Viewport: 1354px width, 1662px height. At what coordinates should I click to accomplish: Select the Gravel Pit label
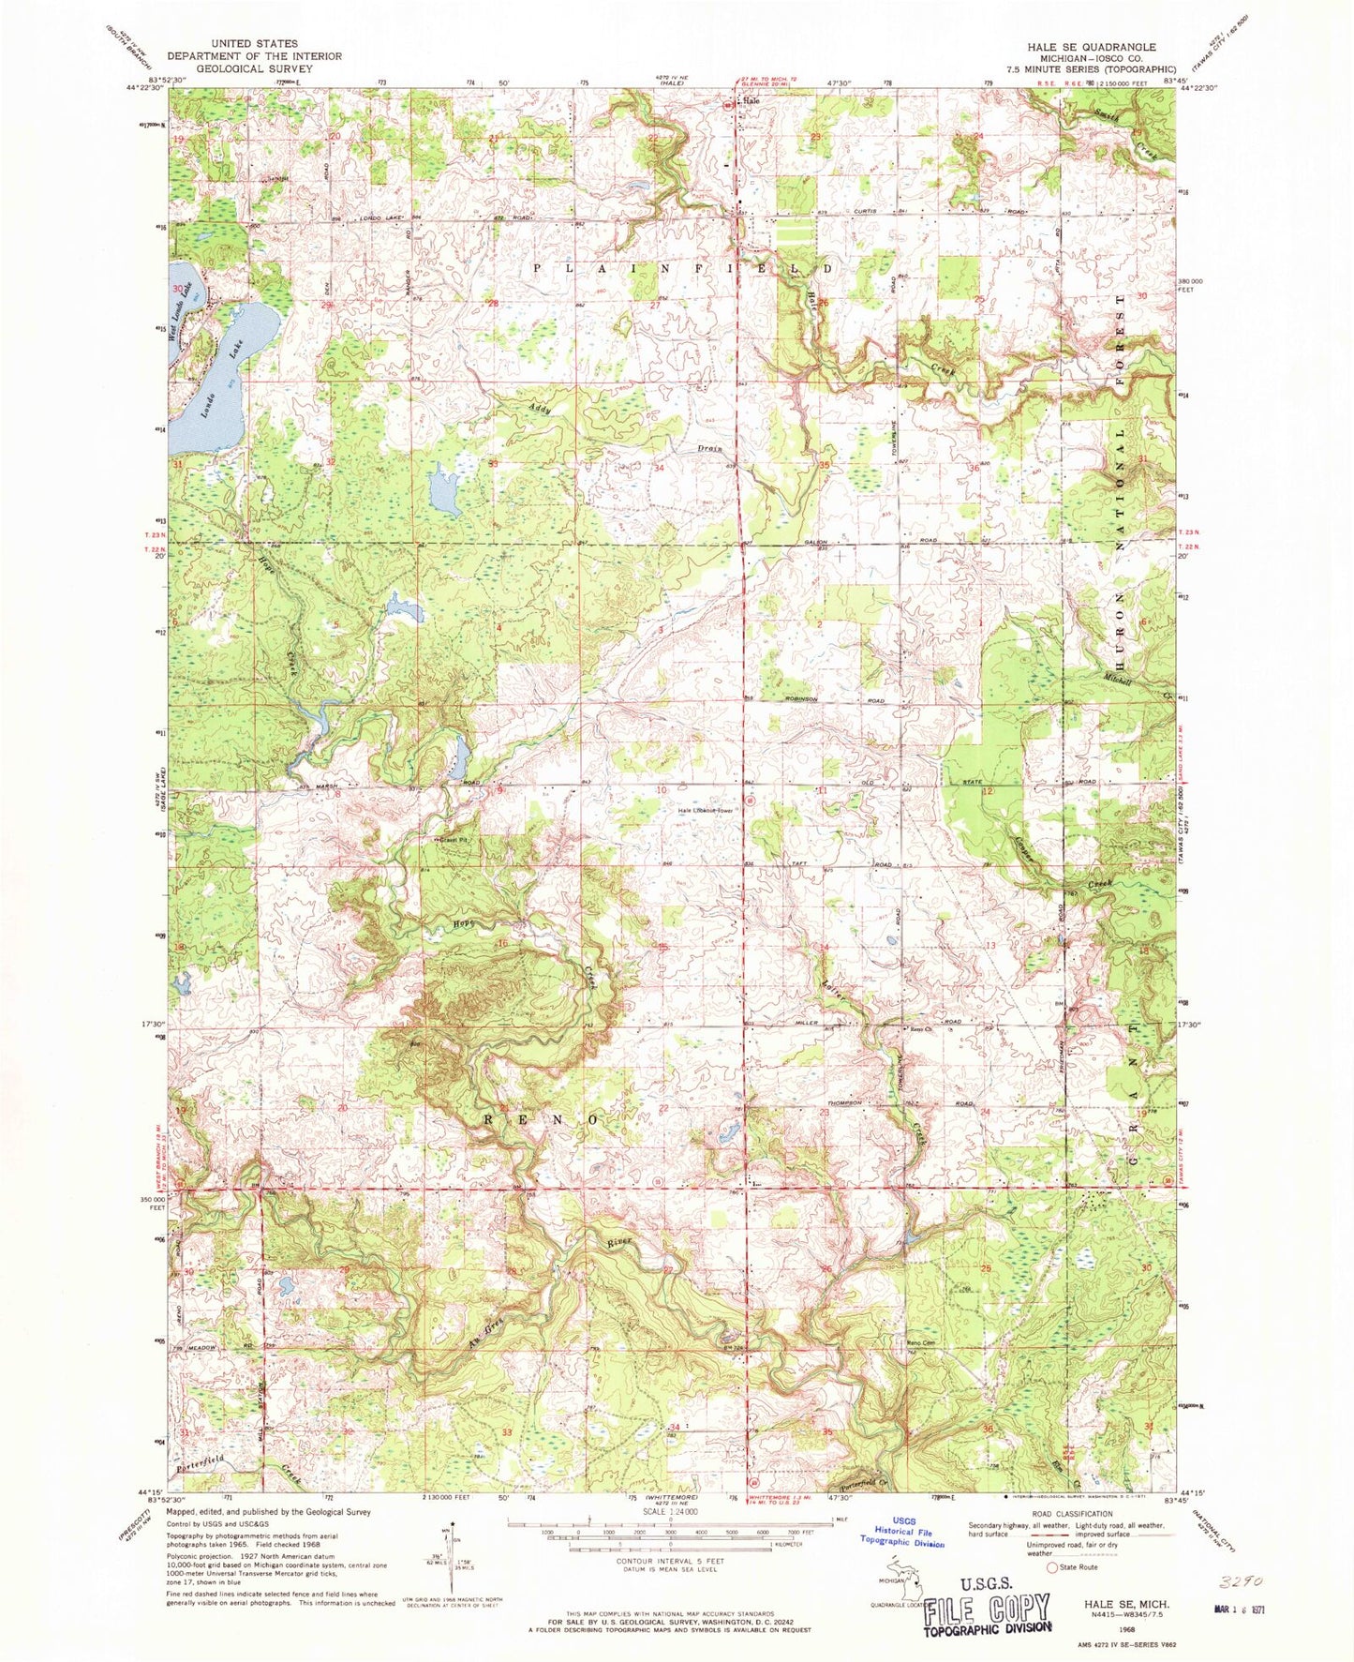click(x=450, y=839)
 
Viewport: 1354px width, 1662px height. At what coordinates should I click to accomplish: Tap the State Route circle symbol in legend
click(x=1052, y=1567)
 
